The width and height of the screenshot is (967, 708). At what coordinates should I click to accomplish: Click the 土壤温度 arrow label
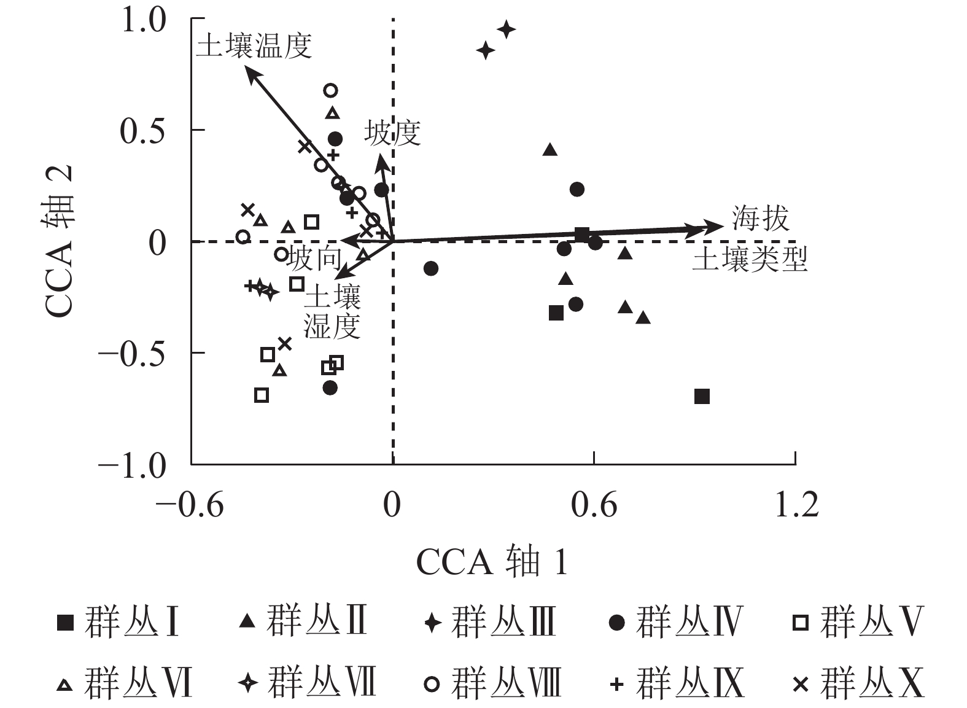point(254,46)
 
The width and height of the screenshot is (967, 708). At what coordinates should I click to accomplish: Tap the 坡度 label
point(392,133)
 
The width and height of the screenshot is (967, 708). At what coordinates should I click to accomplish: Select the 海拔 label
point(760,218)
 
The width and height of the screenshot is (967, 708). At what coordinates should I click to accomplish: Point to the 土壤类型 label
point(750,260)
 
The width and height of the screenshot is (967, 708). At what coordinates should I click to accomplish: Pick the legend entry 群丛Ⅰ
point(117,621)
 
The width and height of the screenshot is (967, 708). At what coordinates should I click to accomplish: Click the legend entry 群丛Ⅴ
point(858,621)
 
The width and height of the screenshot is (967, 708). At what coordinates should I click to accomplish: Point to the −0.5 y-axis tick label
point(132,354)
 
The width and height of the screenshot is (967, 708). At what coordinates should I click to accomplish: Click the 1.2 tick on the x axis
point(796,505)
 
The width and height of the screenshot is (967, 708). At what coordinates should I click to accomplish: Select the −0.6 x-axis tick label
point(190,505)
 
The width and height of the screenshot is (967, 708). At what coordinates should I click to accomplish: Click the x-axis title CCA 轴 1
point(492,561)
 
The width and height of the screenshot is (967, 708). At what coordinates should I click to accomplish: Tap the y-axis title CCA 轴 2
point(60,241)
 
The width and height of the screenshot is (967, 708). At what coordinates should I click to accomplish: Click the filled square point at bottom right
point(702,396)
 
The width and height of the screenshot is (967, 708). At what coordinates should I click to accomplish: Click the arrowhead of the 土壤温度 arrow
point(248,71)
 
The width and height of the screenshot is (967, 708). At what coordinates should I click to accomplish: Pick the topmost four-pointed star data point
point(507,29)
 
